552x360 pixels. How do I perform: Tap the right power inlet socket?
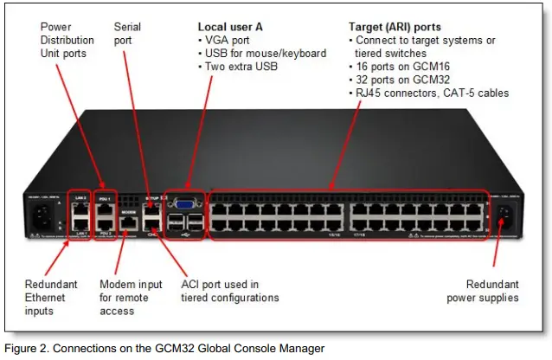pos(506,221)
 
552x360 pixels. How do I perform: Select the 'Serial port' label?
pos(128,34)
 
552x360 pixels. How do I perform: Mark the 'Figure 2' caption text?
pos(164,348)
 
